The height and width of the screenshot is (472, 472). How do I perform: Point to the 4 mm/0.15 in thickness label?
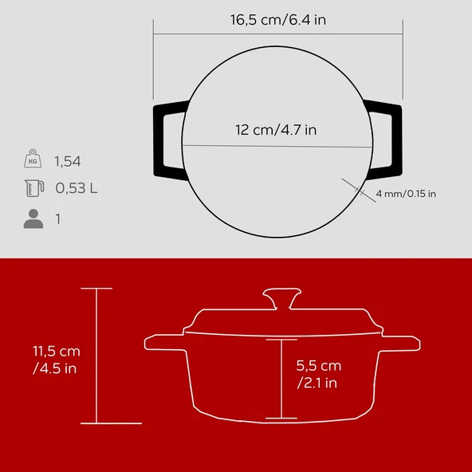click(x=405, y=194)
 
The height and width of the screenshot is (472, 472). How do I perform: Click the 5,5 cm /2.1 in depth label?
click(x=319, y=375)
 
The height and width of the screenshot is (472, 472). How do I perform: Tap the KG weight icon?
click(x=33, y=159)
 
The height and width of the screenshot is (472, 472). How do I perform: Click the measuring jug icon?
click(x=33, y=189)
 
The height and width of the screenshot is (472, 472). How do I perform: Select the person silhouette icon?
click(x=33, y=218)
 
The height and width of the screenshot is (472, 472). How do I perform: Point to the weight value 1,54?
click(x=68, y=161)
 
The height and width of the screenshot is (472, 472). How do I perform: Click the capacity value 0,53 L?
click(x=76, y=190)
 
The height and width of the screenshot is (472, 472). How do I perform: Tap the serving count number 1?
click(x=57, y=218)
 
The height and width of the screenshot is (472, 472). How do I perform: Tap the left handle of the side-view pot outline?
click(x=164, y=344)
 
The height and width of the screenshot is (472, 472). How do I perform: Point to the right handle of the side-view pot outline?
click(x=398, y=344)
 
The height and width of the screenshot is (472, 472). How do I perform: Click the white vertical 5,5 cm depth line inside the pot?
click(x=281, y=378)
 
